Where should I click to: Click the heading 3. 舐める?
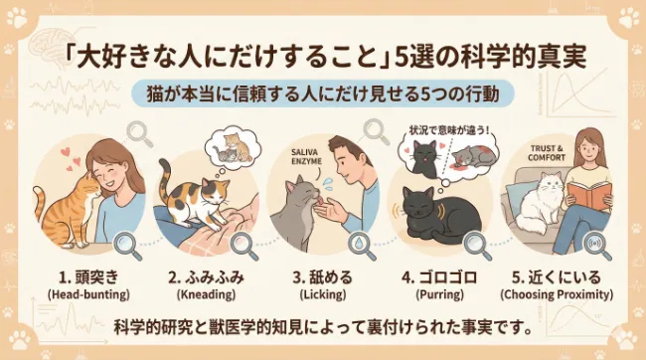pyautogui.click(x=322, y=274)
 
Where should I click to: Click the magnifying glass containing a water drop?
pyautogui.click(x=355, y=243)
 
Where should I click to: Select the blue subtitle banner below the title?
pyautogui.click(x=323, y=92)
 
